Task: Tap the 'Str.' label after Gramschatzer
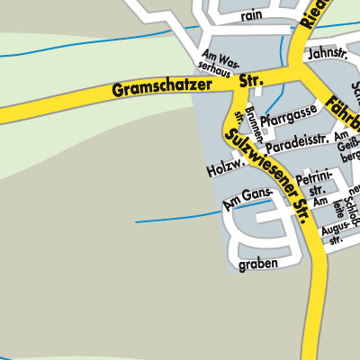tap(251, 80)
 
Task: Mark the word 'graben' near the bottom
tap(258, 265)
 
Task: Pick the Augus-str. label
tap(337, 237)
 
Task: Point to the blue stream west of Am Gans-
tap(175, 217)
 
